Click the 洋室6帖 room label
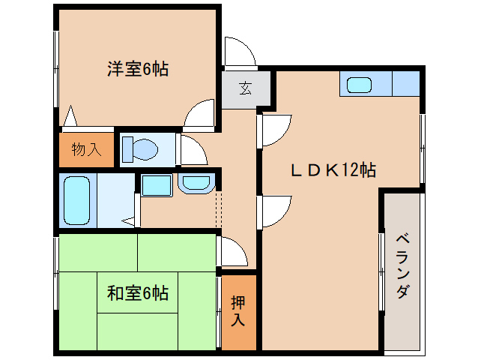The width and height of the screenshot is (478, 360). [x=137, y=70]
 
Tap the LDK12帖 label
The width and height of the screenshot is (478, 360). [x=333, y=170]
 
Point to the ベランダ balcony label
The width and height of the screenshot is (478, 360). [x=402, y=266]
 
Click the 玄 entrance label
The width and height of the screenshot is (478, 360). [x=245, y=89]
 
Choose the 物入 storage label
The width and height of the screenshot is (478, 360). [x=86, y=149]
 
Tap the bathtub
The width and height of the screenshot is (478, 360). [x=76, y=199]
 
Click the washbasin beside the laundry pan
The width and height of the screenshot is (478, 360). [x=196, y=182]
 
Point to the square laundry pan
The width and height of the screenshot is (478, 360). [x=157, y=184]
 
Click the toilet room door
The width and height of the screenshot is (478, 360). [x=190, y=151]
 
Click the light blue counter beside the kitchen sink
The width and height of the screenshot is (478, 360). [x=405, y=84]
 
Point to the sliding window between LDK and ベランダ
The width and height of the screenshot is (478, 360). [x=381, y=270]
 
